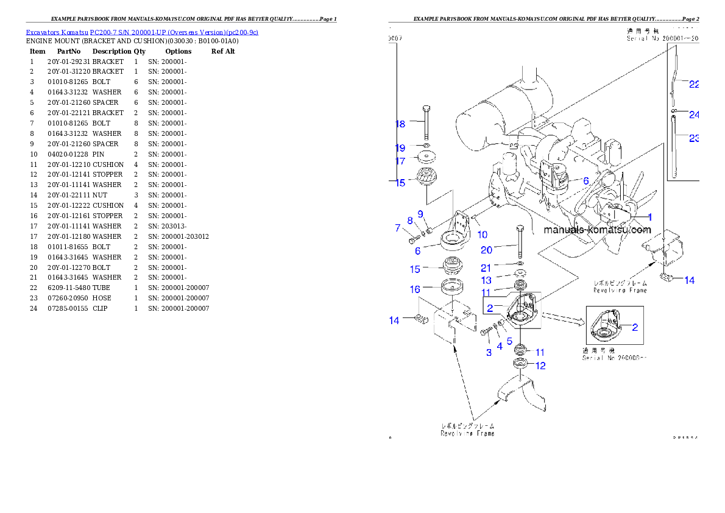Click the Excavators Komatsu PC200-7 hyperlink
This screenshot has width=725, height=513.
[x=141, y=32]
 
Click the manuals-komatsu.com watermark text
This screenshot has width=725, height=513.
[x=597, y=230]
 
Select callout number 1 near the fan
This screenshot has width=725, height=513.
[x=649, y=216]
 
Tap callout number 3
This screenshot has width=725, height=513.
[x=488, y=352]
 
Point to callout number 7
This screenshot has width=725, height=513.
[x=398, y=228]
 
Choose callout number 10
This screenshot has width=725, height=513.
[x=482, y=234]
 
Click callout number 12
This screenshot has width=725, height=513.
[x=540, y=366]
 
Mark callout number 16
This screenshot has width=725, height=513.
[x=415, y=289]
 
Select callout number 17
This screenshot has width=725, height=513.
[x=400, y=161]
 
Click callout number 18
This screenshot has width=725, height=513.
[x=400, y=124]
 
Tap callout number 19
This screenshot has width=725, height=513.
[x=400, y=148]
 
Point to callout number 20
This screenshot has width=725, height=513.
[x=486, y=250]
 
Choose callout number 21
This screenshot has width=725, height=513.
[x=486, y=267]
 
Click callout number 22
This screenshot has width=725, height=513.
[x=693, y=85]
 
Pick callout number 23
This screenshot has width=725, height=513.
[x=693, y=138]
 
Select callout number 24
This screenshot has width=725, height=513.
[x=693, y=115]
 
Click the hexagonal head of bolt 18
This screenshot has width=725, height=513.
[x=426, y=110]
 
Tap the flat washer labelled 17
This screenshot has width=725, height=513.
[x=426, y=157]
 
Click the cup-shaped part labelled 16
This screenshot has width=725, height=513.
[x=451, y=286]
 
